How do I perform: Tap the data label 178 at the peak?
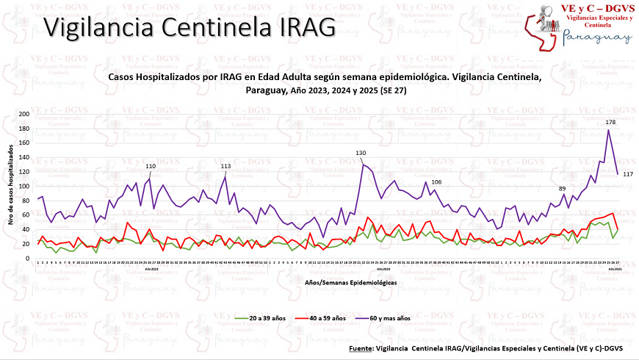point(610,122)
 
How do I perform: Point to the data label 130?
point(361,153)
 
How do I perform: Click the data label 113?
point(226,167)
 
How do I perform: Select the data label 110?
point(151,167)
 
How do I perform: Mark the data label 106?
point(436,181)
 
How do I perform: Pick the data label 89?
point(563,190)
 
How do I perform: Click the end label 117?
point(628,174)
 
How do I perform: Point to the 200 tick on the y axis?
point(24,114)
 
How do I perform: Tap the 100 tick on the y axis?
point(24,187)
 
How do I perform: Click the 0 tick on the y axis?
point(28,259)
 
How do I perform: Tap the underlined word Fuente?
point(361,348)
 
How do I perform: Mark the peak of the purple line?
point(608,130)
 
